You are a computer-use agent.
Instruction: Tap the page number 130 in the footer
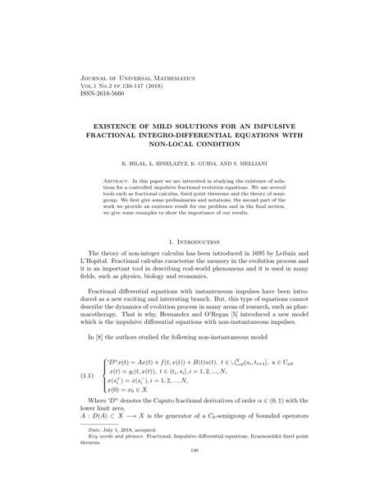(194, 496)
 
